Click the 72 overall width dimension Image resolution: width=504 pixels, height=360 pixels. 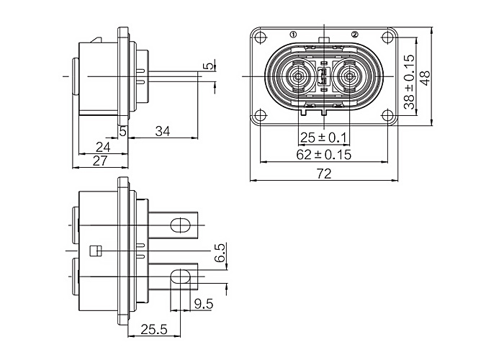324,174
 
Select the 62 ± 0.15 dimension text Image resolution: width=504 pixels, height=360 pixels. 324,154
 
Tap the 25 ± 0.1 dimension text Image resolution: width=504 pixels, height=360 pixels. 324,137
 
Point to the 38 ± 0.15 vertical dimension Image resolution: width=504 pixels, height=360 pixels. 409,82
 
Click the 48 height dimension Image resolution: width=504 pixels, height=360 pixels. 425,77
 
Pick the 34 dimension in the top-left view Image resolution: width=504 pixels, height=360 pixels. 163,131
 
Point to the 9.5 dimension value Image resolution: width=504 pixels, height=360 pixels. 204,303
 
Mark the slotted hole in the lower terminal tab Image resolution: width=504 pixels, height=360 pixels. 178,275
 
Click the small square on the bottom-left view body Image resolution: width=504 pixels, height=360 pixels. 94,251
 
